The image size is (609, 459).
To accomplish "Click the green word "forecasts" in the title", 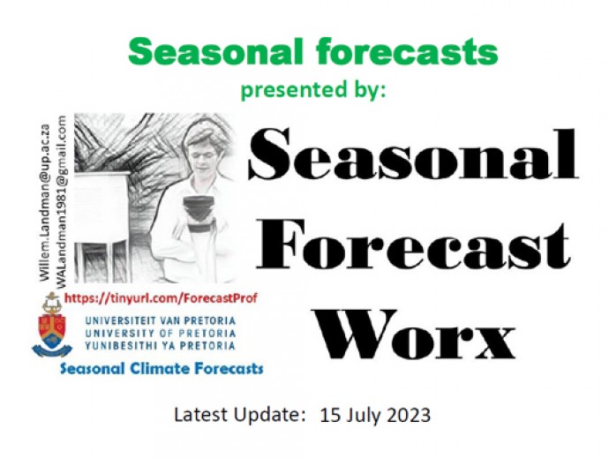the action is click(x=407, y=51).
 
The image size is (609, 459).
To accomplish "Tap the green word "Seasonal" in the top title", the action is click(x=215, y=51).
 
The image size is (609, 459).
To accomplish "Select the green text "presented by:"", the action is click(x=313, y=90).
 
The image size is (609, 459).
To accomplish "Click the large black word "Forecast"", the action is click(x=413, y=245).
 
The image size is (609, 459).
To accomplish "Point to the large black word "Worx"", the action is click(x=416, y=335).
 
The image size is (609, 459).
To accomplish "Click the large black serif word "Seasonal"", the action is click(x=413, y=154).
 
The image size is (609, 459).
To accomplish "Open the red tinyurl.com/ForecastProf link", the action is click(x=161, y=298).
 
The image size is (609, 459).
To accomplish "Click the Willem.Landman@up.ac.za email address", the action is click(x=45, y=202).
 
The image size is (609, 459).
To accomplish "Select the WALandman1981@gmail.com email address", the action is click(x=61, y=201).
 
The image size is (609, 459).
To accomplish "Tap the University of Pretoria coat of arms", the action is click(x=52, y=326).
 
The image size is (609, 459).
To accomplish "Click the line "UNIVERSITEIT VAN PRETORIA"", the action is click(x=160, y=321).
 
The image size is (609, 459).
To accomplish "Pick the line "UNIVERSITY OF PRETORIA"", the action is click(x=160, y=333).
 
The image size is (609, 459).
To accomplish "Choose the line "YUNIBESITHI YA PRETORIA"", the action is click(x=160, y=346).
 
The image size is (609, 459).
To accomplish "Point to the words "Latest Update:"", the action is click(x=240, y=415).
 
